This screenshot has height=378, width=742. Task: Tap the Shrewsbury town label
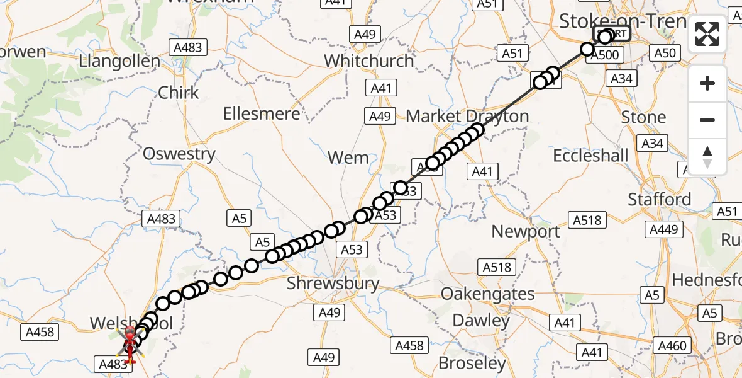pyautogui.click(x=333, y=283)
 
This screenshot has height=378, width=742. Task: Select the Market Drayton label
pyautogui.click(x=467, y=117)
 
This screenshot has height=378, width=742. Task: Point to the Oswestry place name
pyautogui.click(x=179, y=154)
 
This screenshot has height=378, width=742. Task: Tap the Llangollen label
pyautogui.click(x=119, y=62)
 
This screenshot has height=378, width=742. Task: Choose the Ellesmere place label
pyautogui.click(x=262, y=114)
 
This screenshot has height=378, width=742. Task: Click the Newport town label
pyautogui.click(x=526, y=232)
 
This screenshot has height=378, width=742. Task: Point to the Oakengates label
pyautogui.click(x=488, y=294)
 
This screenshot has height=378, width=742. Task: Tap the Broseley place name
pyautogui.click(x=472, y=364)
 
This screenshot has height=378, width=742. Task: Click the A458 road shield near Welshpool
pyautogui.click(x=39, y=331)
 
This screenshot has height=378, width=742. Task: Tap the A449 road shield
pyautogui.click(x=663, y=229)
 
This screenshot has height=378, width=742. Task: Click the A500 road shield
pyautogui.click(x=607, y=55)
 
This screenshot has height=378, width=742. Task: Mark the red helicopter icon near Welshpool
pyautogui.click(x=130, y=344)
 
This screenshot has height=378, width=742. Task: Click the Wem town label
pyautogui.click(x=348, y=157)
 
